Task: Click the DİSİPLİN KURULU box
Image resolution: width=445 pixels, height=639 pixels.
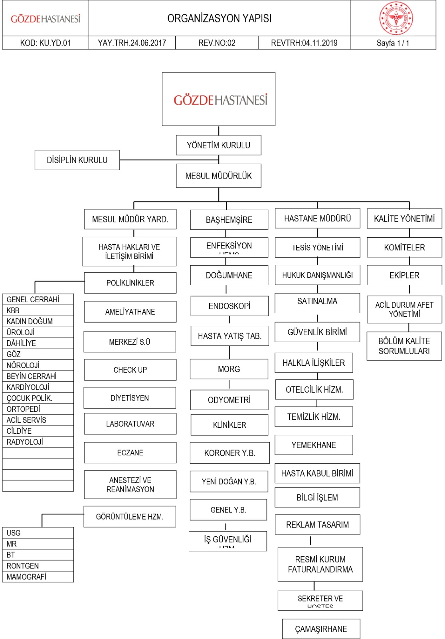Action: coord(77,160)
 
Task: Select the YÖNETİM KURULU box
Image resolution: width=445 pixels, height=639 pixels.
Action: coord(218,145)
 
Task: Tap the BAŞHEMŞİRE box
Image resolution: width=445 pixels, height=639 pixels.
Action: coord(229,220)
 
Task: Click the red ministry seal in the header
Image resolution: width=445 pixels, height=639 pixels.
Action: coord(396,18)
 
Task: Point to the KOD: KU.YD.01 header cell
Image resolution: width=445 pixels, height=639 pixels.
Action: coord(45,43)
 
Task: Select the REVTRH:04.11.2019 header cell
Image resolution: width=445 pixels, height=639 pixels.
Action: coord(304,43)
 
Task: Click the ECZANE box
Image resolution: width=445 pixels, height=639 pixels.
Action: coord(130,452)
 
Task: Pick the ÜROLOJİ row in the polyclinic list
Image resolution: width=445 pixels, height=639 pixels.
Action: coord(38,332)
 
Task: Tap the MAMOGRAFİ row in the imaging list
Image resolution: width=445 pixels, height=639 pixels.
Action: coord(38,577)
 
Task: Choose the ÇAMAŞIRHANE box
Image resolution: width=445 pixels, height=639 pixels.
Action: coord(321,629)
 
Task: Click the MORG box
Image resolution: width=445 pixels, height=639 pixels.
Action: coord(229,369)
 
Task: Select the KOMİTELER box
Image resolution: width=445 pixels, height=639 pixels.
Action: coord(404,248)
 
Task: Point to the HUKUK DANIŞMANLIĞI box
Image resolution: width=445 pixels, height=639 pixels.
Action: coord(317,275)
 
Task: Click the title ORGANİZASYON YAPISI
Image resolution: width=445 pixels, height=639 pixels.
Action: coord(219,18)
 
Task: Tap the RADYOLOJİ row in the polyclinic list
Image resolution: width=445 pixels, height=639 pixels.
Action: coord(38,442)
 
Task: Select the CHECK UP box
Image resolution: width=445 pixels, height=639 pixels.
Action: coord(130,370)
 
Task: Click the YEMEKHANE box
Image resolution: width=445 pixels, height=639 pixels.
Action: coord(314,445)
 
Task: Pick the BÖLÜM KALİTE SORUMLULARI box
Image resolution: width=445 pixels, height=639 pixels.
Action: coord(404,346)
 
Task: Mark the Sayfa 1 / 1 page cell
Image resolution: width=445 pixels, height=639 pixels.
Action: coord(393,43)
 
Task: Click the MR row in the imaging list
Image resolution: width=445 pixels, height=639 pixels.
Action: coord(38,544)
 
